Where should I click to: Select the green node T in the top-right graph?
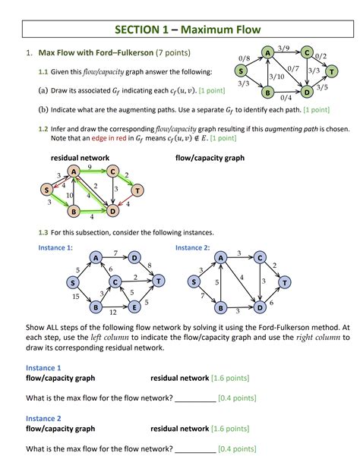point(332,72)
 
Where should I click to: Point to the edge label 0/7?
point(293,70)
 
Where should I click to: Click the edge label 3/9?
point(284,48)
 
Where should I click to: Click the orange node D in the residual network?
point(112,210)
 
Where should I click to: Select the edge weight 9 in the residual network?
point(90,166)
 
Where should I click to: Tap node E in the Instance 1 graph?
point(134,307)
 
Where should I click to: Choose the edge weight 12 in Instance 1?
point(113,312)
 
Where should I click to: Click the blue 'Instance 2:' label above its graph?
point(193,247)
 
